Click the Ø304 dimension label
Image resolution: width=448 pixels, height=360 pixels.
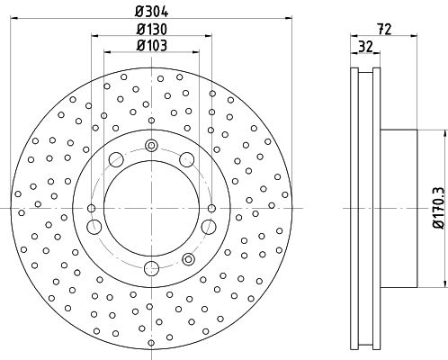[x=151, y=12]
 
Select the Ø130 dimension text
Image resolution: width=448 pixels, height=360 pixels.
[x=151, y=30]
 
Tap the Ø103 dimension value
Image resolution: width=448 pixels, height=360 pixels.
[x=151, y=46]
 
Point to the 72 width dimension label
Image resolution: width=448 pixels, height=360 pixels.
[x=384, y=30]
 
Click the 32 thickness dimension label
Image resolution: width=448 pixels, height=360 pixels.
[x=365, y=47]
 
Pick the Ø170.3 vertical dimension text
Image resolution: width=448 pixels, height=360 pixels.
[x=438, y=208]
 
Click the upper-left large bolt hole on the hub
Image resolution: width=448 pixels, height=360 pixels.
[x=116, y=159]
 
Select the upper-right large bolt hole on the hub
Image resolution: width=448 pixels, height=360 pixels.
[x=187, y=159]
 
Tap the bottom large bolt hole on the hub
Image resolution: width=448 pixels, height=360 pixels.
[x=151, y=268]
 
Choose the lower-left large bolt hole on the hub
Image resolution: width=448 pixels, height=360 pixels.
[x=94, y=227]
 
